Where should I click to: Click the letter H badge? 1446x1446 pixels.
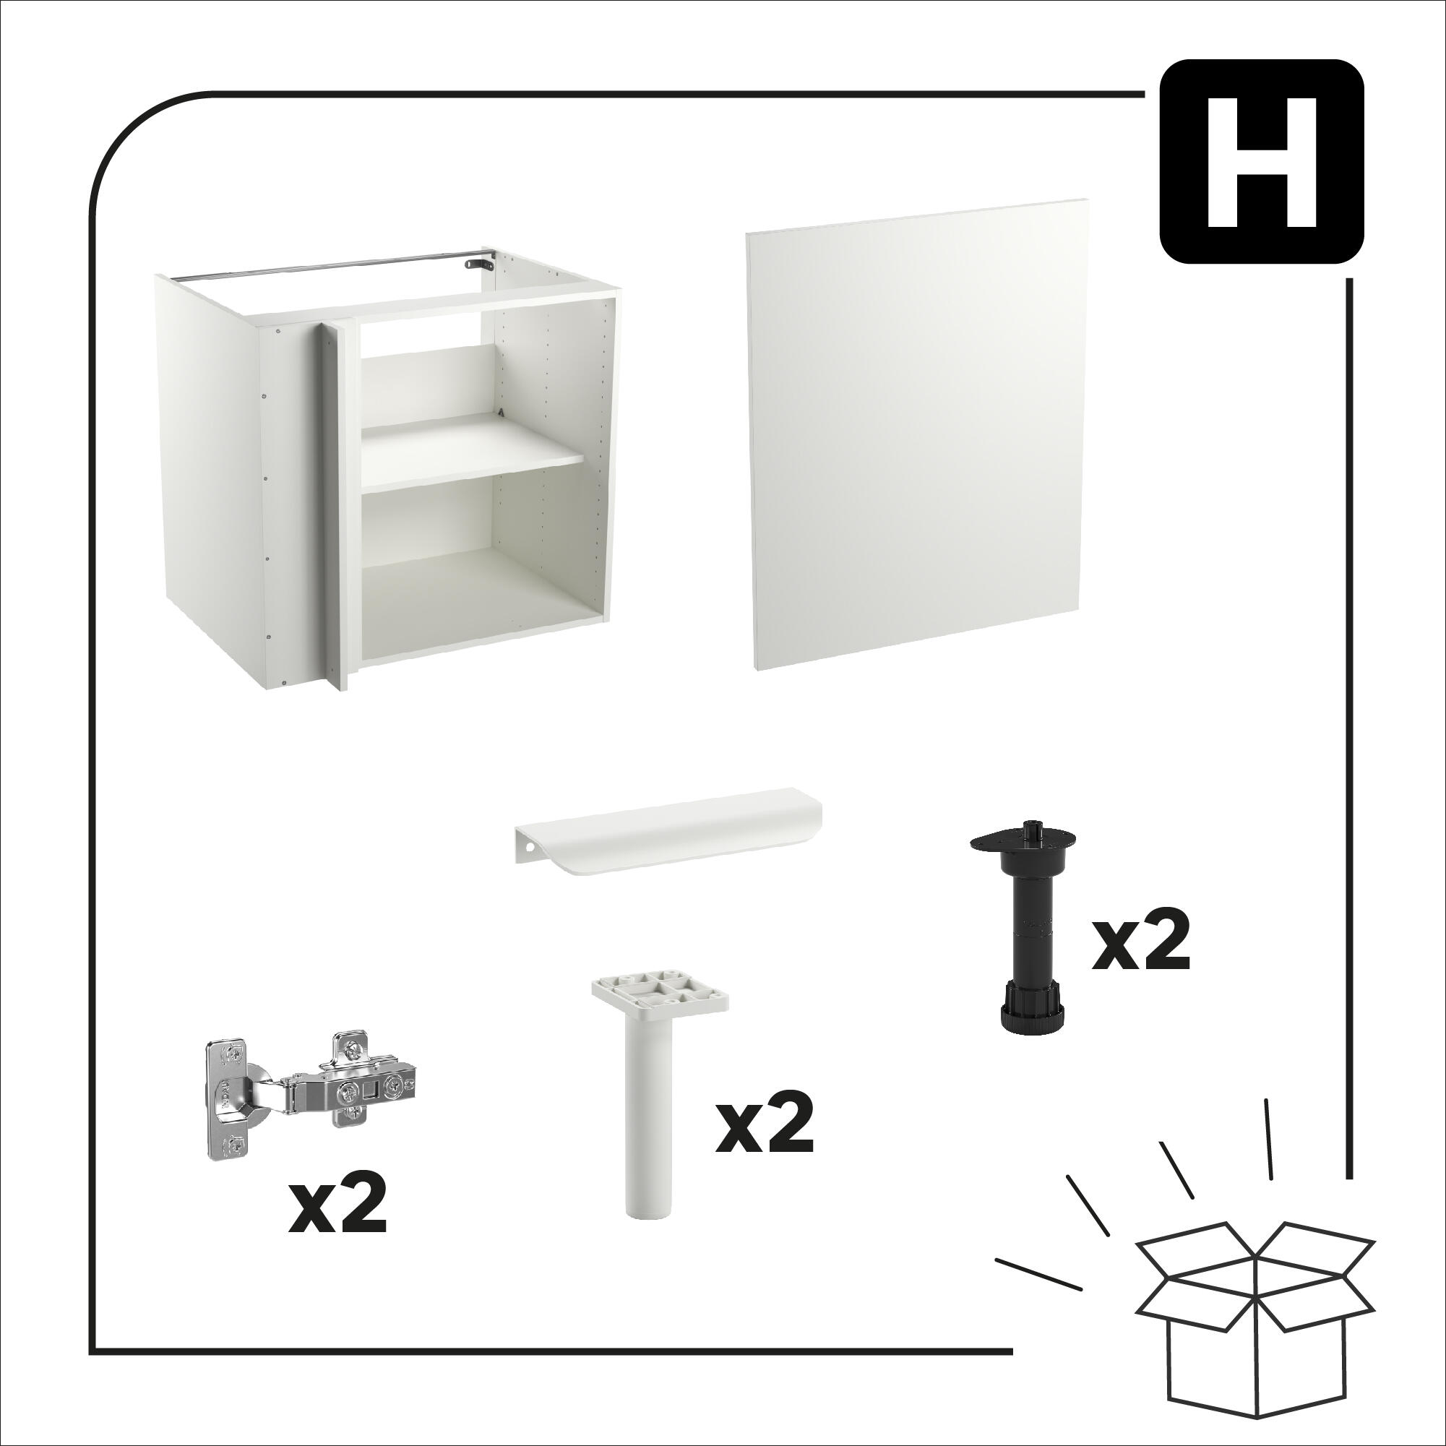tap(1260, 161)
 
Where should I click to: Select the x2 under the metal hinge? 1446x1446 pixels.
tap(337, 1208)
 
